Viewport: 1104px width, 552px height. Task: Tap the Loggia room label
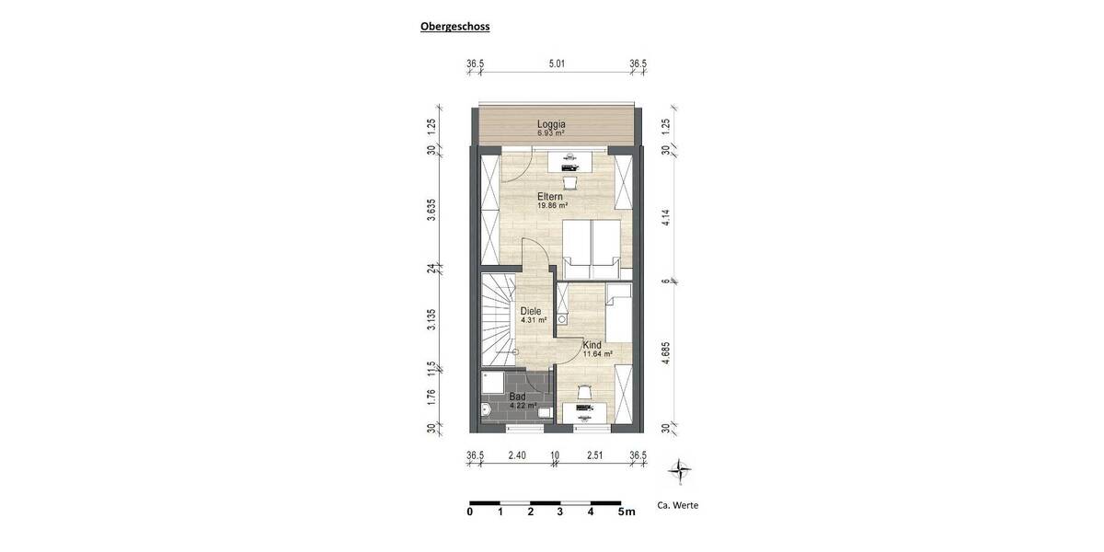(551, 125)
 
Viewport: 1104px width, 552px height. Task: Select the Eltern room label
(551, 197)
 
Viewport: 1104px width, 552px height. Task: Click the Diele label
(531, 311)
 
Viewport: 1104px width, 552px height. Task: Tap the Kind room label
(592, 346)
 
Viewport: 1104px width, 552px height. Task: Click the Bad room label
(517, 397)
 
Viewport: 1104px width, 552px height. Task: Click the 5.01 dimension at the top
(556, 63)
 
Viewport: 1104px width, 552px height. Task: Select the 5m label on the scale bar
(627, 512)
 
